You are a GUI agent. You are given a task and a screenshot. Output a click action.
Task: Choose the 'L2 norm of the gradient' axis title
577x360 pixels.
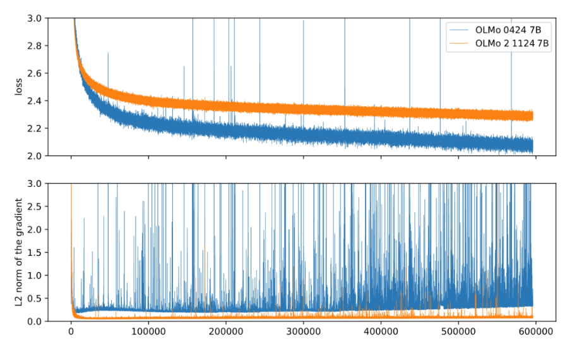click(19, 252)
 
